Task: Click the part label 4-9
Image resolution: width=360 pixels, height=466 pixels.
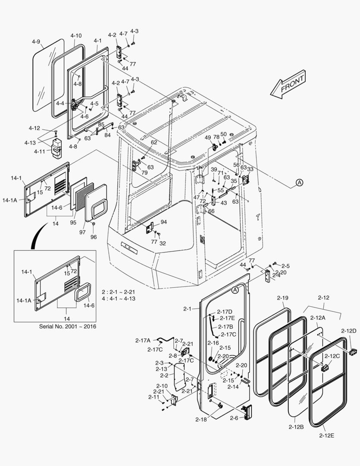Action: coord(36,42)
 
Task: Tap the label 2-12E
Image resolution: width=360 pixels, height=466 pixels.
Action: coord(327,435)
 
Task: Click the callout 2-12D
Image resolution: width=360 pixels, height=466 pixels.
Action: coord(348,331)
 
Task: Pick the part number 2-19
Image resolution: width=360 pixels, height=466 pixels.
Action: coord(283,298)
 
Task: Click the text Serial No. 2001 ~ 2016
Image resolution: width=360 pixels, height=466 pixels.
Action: coord(68,326)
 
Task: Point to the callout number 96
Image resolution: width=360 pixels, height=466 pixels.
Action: coord(94,236)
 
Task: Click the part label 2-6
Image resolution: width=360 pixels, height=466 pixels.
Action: coord(234,418)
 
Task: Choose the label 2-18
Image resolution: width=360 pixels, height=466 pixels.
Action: coord(201,419)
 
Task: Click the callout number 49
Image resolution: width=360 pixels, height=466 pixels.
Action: coord(208,138)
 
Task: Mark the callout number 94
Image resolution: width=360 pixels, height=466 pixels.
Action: coord(163,222)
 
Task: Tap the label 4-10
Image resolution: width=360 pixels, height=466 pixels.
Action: coord(76,35)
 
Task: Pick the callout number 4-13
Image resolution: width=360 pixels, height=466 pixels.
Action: coord(30,142)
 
